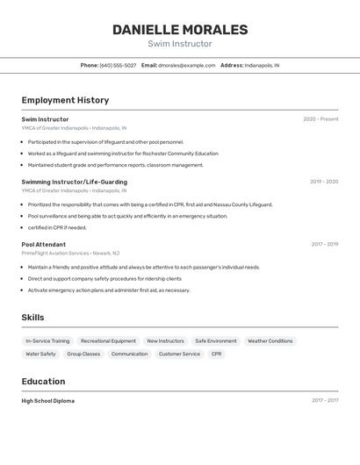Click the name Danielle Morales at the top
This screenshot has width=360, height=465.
tap(180, 30)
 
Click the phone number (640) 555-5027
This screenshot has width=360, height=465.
tap(118, 65)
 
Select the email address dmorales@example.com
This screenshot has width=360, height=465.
tap(187, 65)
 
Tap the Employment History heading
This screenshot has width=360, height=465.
tap(65, 100)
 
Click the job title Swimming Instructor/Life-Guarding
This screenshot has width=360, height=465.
tap(74, 182)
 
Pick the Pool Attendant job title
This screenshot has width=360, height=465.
tap(43, 244)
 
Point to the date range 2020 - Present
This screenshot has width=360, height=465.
tap(320, 119)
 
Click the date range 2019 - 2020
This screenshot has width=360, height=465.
tap(324, 182)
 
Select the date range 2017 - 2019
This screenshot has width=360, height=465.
tap(324, 244)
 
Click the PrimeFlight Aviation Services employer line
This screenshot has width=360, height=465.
tap(70, 253)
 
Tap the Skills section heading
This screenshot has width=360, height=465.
tap(32, 318)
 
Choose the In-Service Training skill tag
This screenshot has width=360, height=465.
tap(47, 340)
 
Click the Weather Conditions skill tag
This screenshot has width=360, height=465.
tap(270, 340)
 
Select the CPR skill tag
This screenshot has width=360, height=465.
tap(216, 354)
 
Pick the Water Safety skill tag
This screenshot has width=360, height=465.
tap(40, 354)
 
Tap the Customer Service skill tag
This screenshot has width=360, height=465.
tap(179, 354)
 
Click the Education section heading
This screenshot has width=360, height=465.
tap(43, 382)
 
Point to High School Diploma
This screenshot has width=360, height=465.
tap(48, 401)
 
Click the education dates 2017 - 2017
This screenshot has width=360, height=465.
tap(324, 401)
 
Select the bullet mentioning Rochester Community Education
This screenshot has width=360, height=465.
tap(123, 153)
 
